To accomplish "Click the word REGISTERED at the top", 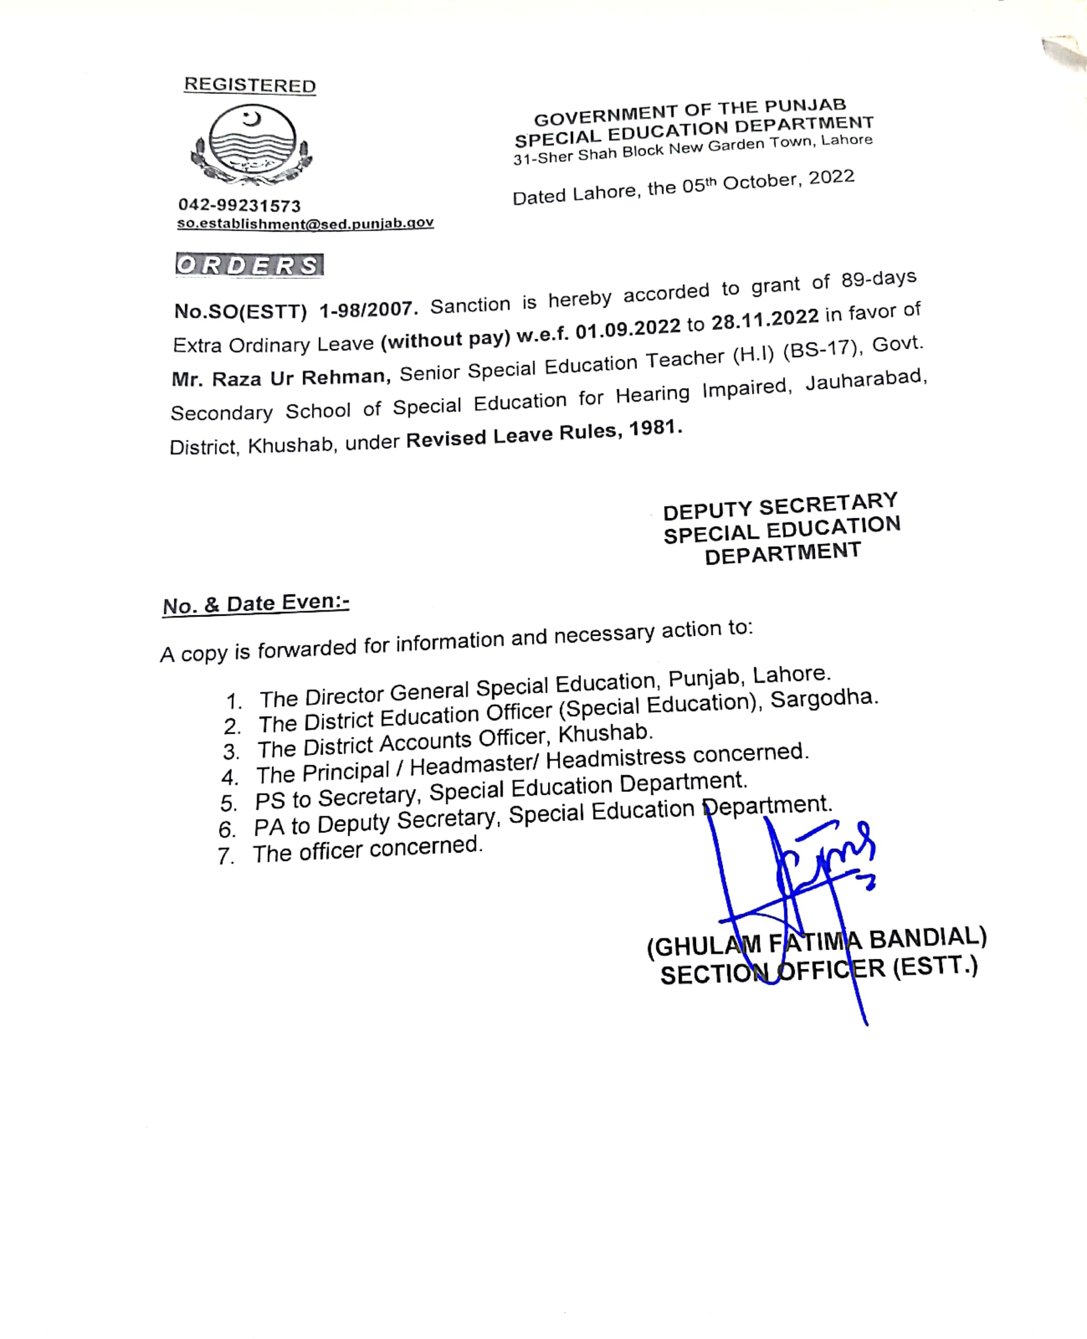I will click(250, 85).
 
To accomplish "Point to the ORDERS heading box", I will click(249, 265).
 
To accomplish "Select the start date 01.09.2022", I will click(627, 328).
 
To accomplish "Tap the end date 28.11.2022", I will click(765, 318).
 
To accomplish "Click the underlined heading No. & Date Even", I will click(256, 604).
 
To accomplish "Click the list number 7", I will click(225, 856).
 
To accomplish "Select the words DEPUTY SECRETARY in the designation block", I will click(780, 506).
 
